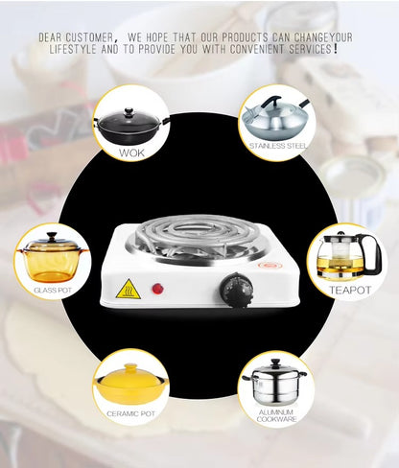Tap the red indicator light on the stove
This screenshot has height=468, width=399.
point(157,288)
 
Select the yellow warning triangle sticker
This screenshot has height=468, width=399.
point(128,289)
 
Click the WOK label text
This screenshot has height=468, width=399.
point(131,152)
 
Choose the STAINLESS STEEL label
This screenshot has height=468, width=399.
point(276,146)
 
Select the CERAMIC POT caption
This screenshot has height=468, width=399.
point(130,413)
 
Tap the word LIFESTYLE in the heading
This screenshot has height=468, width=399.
point(70,48)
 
